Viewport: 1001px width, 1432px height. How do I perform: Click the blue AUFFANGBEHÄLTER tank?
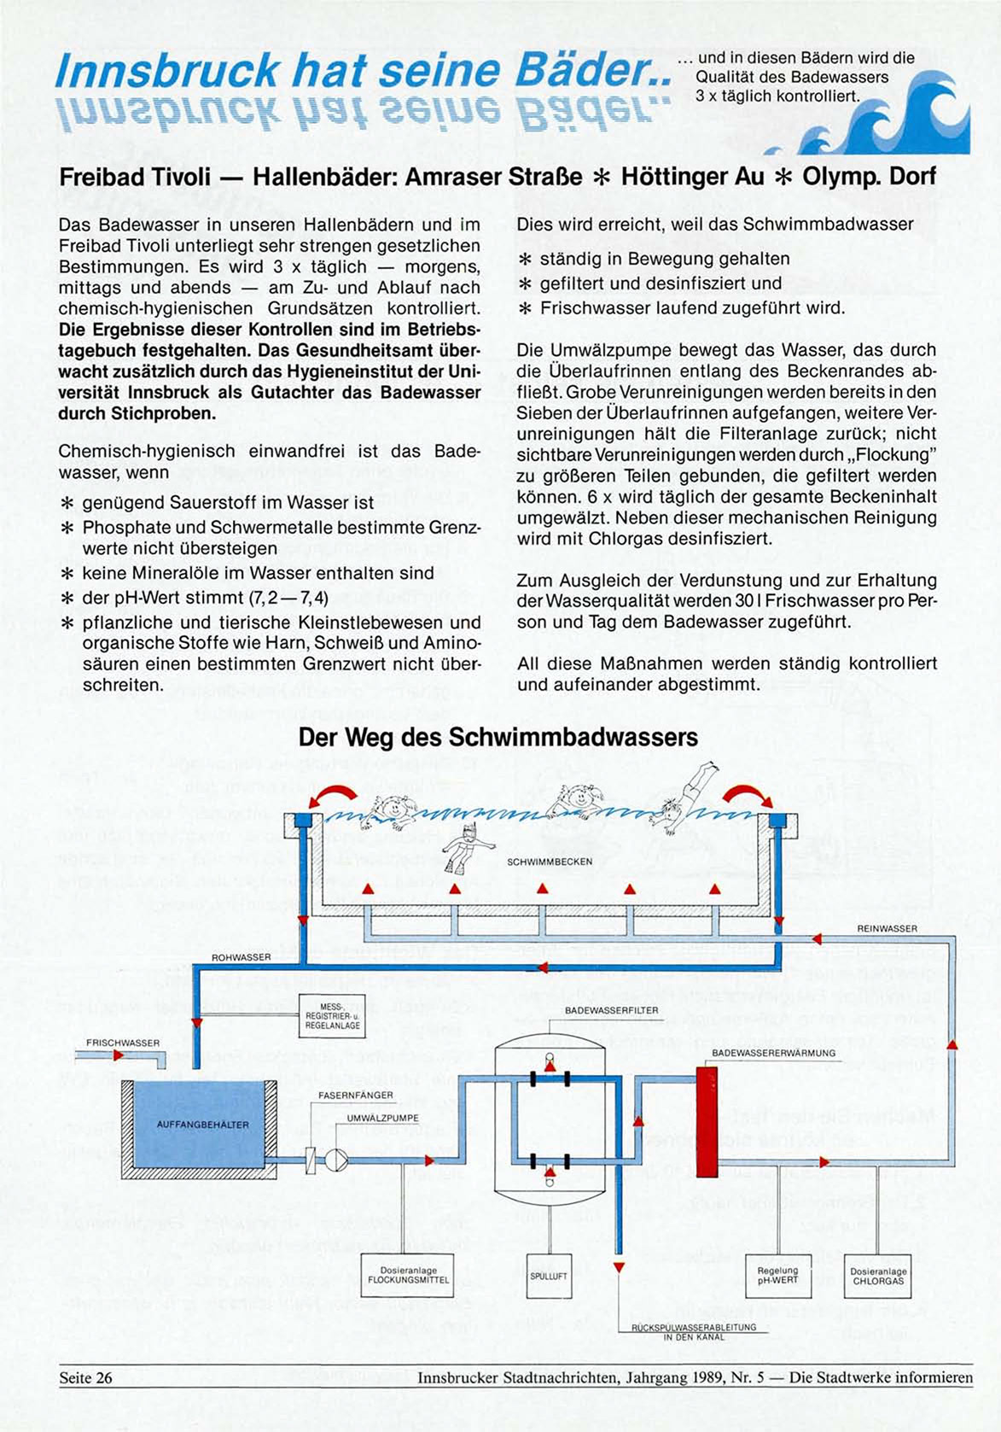coord(202,1125)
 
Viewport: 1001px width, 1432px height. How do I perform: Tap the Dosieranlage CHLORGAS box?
coord(877,1277)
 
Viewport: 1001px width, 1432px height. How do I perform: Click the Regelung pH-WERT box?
coord(777,1277)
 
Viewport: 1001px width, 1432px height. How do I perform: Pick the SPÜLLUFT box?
coord(549,1277)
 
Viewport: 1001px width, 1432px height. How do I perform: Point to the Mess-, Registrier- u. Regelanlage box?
coord(332,1015)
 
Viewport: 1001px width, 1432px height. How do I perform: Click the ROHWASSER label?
coord(242,957)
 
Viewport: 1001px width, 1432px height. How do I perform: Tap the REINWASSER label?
coord(887,928)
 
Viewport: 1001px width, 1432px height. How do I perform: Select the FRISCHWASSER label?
coord(123,1043)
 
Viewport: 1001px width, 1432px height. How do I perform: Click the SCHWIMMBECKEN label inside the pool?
coord(550,862)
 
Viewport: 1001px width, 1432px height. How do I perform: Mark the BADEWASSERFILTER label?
coord(611,1010)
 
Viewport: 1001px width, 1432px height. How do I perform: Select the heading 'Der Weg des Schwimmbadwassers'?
coord(498,737)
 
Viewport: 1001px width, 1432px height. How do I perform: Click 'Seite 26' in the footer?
coord(85,1377)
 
